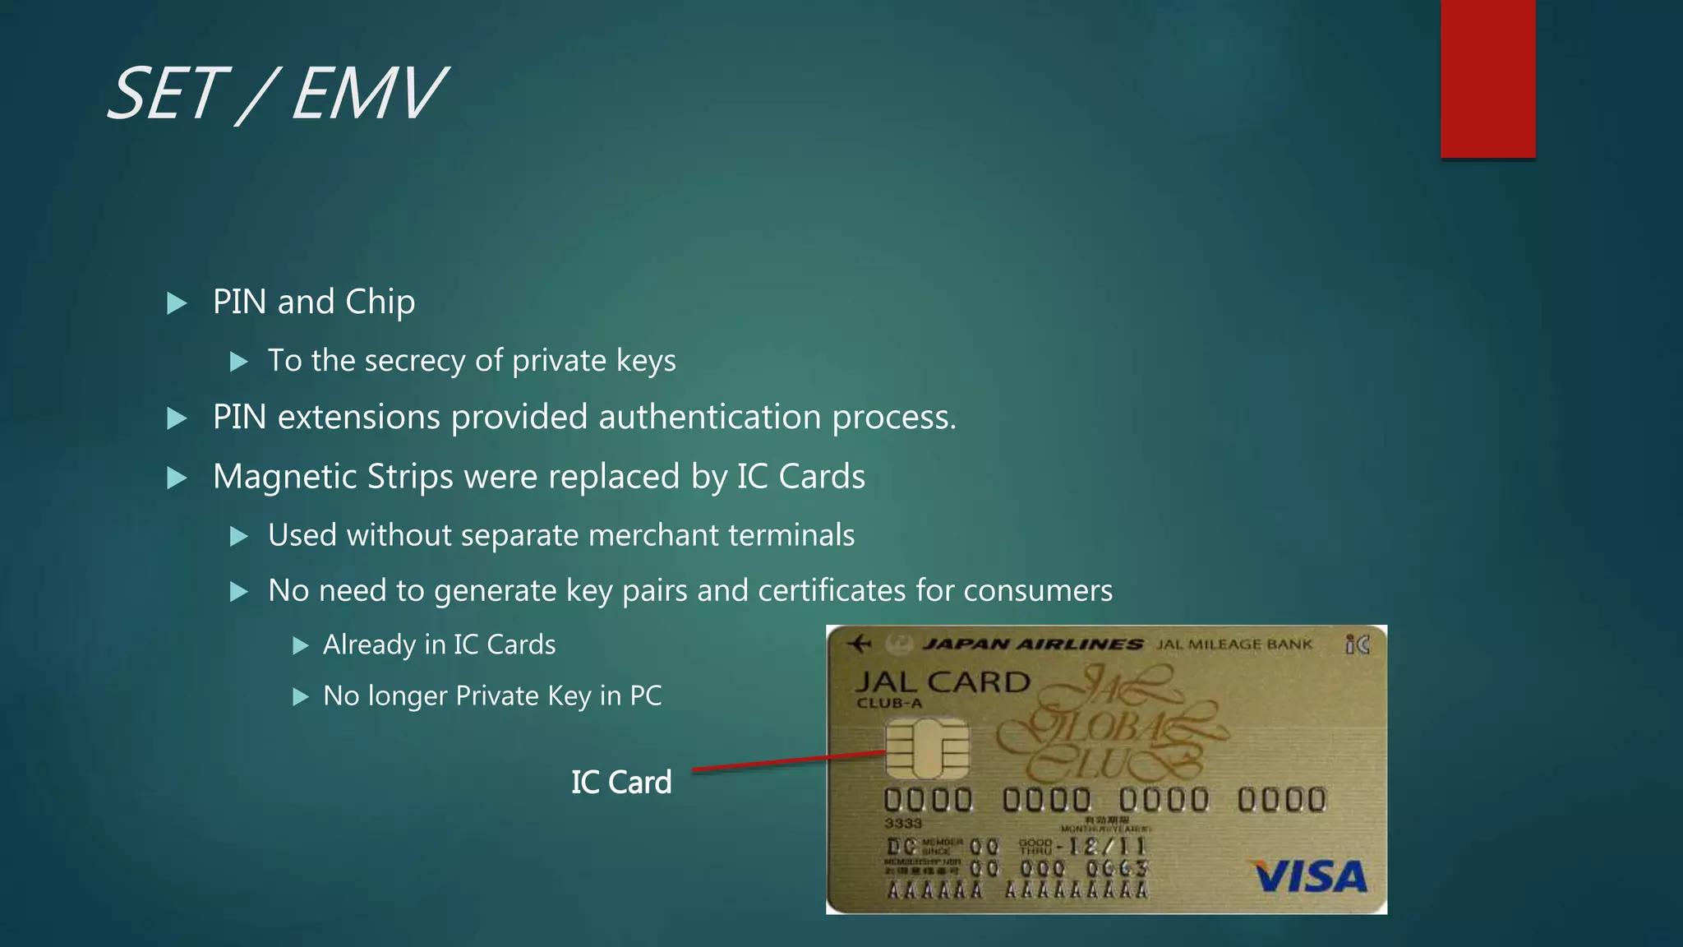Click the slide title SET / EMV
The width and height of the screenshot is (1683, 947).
click(x=276, y=95)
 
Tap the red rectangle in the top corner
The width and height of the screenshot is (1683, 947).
click(x=1487, y=78)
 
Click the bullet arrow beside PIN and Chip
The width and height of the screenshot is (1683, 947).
click(x=177, y=303)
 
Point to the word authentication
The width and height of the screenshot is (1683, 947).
click(x=710, y=417)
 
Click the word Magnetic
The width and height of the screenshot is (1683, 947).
click(x=285, y=478)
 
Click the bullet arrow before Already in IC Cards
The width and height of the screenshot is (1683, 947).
click(x=301, y=645)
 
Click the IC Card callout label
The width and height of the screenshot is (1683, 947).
click(x=621, y=782)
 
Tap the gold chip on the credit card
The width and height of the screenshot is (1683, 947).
click(x=926, y=748)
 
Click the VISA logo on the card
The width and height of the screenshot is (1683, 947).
click(x=1310, y=876)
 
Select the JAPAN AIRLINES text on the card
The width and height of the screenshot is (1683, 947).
click(x=1032, y=644)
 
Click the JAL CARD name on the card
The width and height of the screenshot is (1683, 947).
click(x=942, y=681)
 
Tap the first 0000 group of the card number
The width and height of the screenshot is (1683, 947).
click(x=928, y=800)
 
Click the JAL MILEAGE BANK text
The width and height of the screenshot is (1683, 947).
click(x=1234, y=644)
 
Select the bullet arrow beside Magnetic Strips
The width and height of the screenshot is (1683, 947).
click(x=177, y=478)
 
